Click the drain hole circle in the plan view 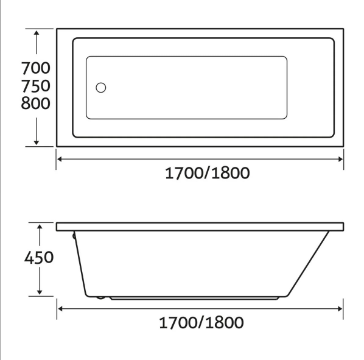click(x=101, y=87)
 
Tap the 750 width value click(x=35, y=85)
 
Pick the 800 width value click(x=35, y=104)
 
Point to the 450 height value click(x=39, y=258)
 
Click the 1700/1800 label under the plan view click(x=208, y=173)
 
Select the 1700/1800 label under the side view click(x=201, y=322)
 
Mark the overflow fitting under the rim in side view click(x=74, y=238)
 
